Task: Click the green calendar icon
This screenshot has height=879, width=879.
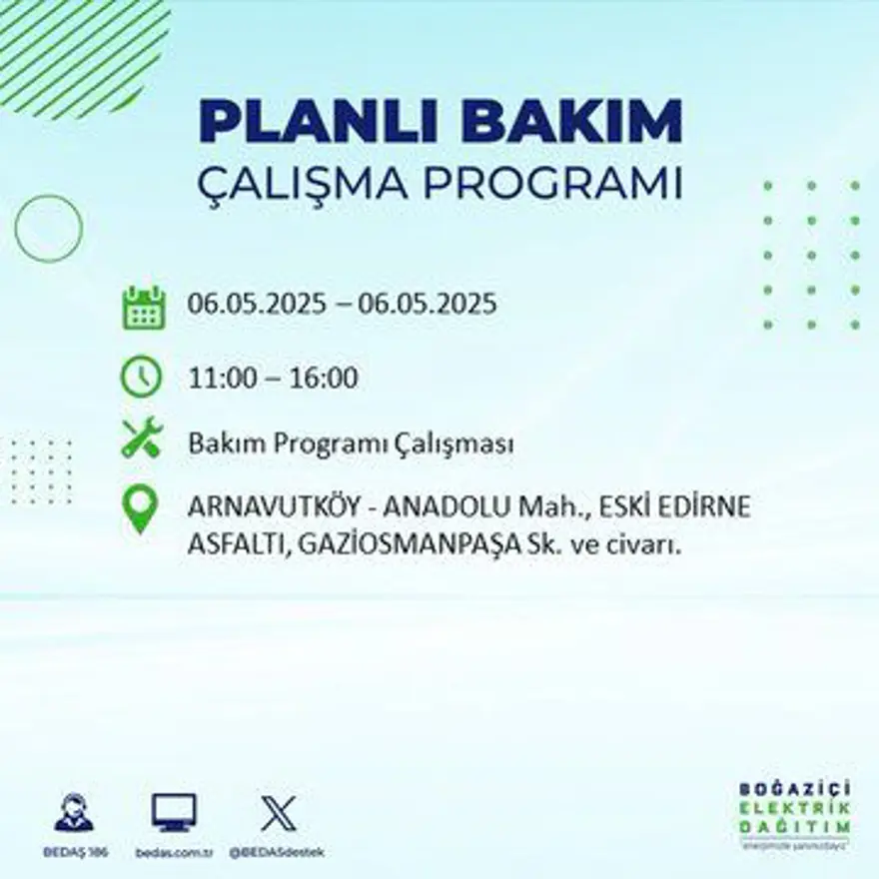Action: [142, 308]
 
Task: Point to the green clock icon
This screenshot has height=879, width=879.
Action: [141, 377]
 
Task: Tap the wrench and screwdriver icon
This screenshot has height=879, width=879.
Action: [141, 439]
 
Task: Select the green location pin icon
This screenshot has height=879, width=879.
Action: [141, 507]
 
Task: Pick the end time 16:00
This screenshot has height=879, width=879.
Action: [325, 380]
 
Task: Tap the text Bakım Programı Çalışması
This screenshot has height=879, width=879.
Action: [351, 444]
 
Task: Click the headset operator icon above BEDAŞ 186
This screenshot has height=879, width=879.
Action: [74, 812]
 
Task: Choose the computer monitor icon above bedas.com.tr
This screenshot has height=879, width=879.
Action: [174, 812]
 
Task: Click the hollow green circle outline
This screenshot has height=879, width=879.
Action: [48, 229]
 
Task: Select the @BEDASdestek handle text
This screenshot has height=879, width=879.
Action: [277, 852]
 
